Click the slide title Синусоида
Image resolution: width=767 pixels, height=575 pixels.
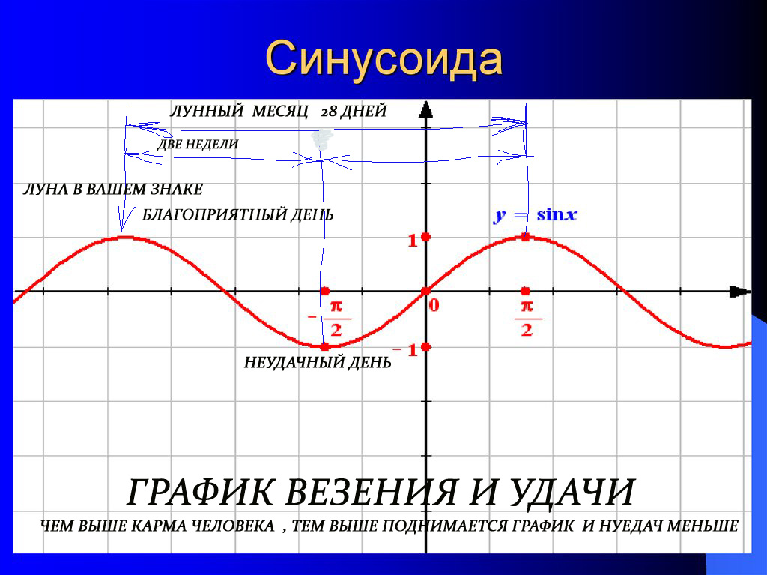(x=383, y=60)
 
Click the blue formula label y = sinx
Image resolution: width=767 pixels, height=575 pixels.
(x=535, y=215)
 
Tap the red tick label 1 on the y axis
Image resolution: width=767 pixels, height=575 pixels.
(x=411, y=241)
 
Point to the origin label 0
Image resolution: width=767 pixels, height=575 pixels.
(x=434, y=305)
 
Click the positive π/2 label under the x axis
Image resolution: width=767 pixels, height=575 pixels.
(x=527, y=319)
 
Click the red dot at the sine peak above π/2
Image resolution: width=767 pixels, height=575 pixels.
(x=525, y=237)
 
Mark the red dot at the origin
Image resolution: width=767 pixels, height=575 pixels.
(x=425, y=291)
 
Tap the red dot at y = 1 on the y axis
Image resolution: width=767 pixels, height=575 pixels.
(x=425, y=237)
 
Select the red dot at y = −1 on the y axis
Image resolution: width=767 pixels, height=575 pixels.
(x=425, y=346)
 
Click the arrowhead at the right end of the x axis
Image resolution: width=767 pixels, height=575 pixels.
(x=739, y=292)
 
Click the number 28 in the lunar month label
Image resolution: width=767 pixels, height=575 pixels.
(x=329, y=112)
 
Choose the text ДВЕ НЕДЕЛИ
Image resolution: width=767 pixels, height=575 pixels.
(x=198, y=144)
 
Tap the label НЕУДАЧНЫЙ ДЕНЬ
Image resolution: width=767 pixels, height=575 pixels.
(x=318, y=363)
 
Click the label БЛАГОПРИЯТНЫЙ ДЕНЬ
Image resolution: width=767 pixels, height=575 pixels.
(x=237, y=215)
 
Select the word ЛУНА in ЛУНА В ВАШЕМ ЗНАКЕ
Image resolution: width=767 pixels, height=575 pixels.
(x=46, y=189)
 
